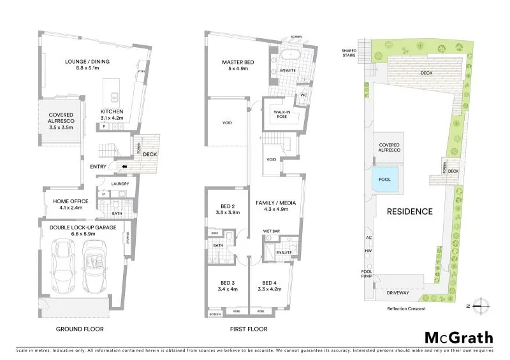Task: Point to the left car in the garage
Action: click(65, 264)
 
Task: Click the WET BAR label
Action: click(272, 231)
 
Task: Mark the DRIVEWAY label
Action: click(398, 292)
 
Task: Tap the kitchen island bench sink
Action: click(115, 97)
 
